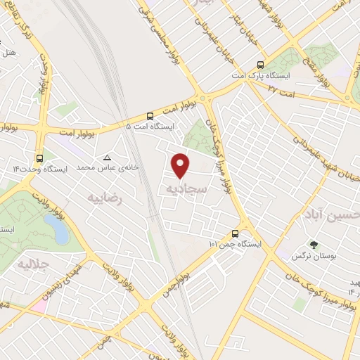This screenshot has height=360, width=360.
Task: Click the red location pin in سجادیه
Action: (x=181, y=165)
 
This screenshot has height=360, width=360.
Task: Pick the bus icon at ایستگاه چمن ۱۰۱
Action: (x=235, y=233)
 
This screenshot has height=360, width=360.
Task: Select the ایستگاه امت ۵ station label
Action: (x=148, y=127)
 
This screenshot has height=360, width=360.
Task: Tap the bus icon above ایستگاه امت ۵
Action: (x=150, y=116)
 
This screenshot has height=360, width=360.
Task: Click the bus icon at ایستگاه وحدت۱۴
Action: (x=39, y=158)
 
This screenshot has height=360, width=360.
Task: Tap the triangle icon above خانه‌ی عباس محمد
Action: (x=108, y=157)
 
